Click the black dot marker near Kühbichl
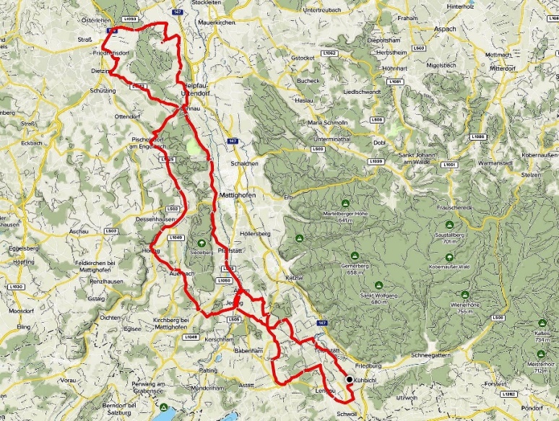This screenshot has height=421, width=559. (x=350, y=379)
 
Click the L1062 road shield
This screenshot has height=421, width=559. (x=329, y=53)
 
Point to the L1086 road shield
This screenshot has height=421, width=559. (x=476, y=136)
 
